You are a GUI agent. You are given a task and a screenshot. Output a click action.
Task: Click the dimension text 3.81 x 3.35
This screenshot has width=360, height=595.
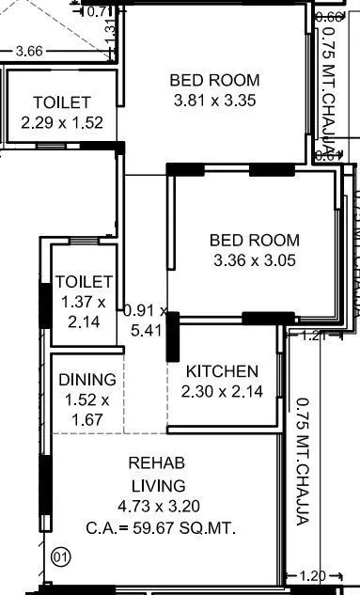[214, 100]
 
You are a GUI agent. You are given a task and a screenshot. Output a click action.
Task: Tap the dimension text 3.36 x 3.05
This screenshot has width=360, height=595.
[255, 260]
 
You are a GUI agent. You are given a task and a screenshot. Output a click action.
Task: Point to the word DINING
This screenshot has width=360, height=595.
[86, 380]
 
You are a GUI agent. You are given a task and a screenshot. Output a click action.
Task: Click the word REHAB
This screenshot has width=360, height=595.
[155, 463]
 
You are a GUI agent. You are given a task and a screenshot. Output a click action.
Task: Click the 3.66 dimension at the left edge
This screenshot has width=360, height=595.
[28, 51]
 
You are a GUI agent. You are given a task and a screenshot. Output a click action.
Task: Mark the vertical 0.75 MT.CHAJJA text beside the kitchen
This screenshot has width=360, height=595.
[303, 461]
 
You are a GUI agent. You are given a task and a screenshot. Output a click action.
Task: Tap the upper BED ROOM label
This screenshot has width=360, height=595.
[214, 80]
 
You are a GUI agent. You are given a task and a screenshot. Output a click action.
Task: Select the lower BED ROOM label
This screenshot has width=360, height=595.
[255, 241]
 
